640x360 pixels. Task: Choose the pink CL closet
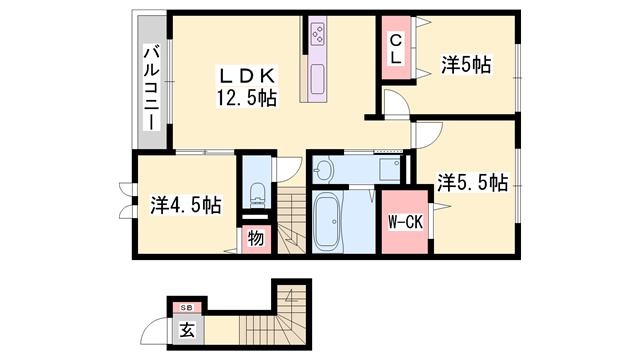[396, 50]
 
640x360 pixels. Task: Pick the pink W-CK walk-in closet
[404, 221]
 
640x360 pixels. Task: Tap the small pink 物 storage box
[255, 238]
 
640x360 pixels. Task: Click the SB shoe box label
[185, 306]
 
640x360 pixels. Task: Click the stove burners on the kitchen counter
[319, 35]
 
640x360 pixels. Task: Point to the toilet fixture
[255, 195]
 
